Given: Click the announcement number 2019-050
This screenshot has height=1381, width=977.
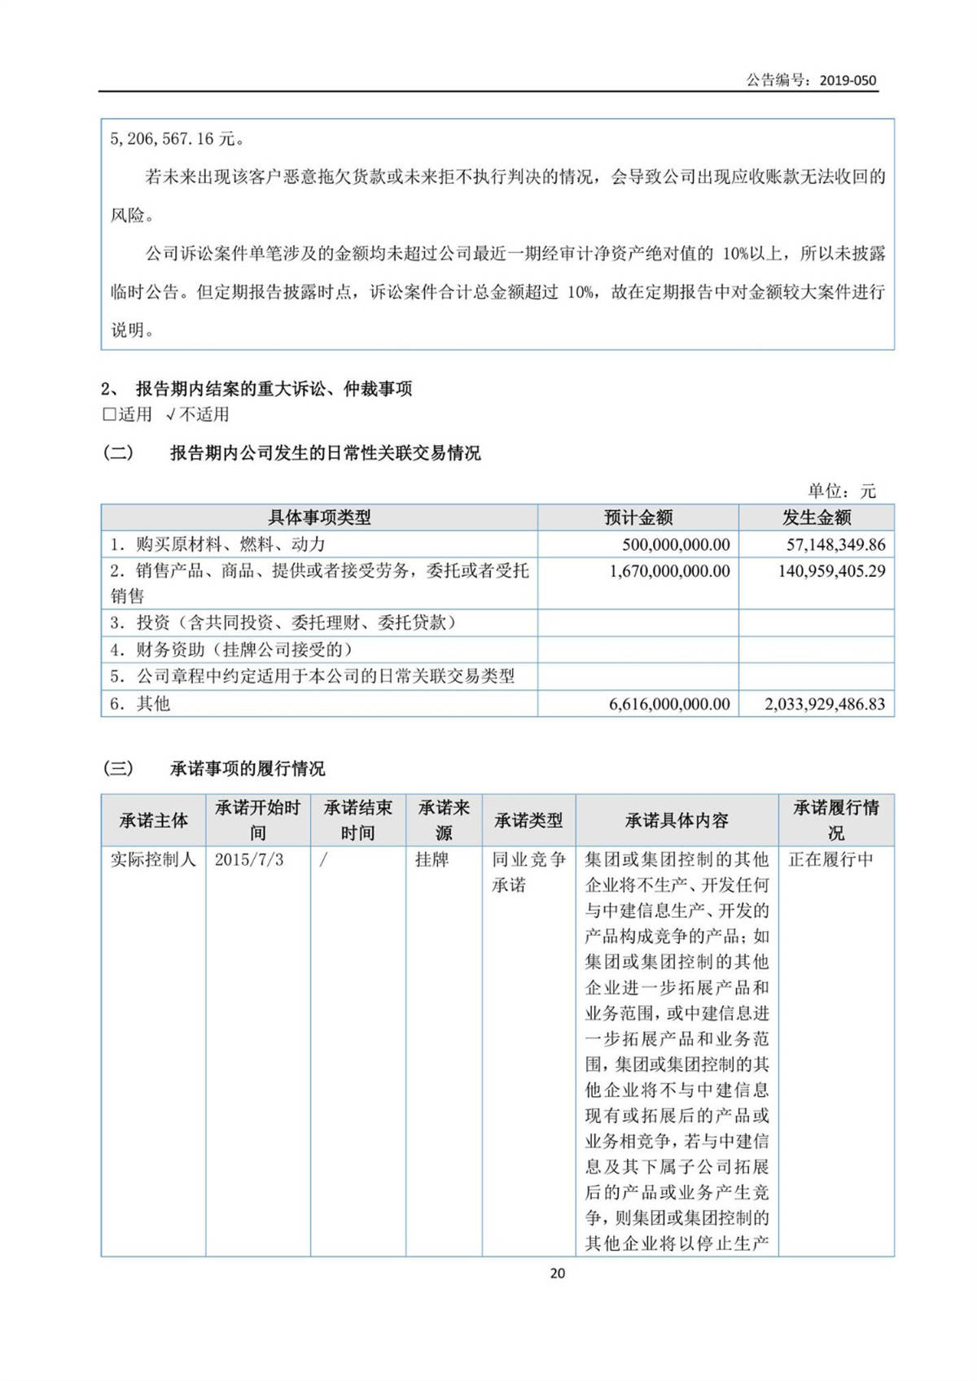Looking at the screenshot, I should [x=848, y=80].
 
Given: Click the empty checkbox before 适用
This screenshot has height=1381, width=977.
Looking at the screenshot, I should [x=109, y=414].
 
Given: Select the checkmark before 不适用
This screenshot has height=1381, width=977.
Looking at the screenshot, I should [x=170, y=414].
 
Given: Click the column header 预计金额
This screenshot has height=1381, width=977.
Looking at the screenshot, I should [x=638, y=518].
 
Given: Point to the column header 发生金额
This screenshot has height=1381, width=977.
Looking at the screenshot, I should [x=817, y=518].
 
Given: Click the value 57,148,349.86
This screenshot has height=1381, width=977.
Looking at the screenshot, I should [x=831, y=544].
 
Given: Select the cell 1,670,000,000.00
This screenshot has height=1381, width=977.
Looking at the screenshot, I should [x=669, y=571].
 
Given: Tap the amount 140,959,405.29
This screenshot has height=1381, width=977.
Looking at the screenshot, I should [x=831, y=571].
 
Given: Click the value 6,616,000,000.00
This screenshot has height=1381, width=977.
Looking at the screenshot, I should [x=669, y=704].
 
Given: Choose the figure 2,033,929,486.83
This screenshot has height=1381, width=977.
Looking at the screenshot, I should [x=824, y=704].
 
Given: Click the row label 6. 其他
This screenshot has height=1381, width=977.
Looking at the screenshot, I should [x=140, y=704].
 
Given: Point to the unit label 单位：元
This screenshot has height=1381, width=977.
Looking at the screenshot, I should [x=841, y=491].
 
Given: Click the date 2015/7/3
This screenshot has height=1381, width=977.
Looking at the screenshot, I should [x=249, y=860].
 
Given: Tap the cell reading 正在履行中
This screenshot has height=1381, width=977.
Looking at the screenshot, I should [x=830, y=860].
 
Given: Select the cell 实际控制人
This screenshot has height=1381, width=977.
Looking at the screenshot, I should [x=153, y=860].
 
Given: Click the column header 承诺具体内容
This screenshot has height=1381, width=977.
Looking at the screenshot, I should [x=677, y=820].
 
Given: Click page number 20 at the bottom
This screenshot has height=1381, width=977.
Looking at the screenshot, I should [x=558, y=1274].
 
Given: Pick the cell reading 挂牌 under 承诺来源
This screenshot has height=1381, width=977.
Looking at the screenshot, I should [x=432, y=860].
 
